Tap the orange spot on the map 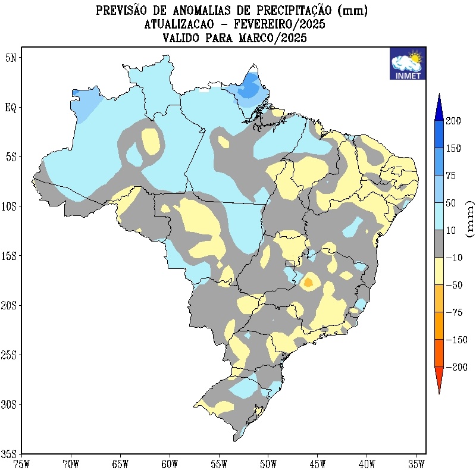pyautogui.click(x=308, y=282)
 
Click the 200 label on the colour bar pyautogui.click(x=454, y=121)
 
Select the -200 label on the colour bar pyautogui.click(x=456, y=368)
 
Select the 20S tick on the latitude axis pyautogui.click(x=10, y=305)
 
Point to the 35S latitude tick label pyautogui.click(x=10, y=453)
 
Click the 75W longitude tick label pyautogui.click(x=21, y=462)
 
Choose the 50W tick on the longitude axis pyautogui.click(x=268, y=462)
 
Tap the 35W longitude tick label pyautogui.click(x=416, y=462)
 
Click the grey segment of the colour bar pyautogui.click(x=439, y=244)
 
